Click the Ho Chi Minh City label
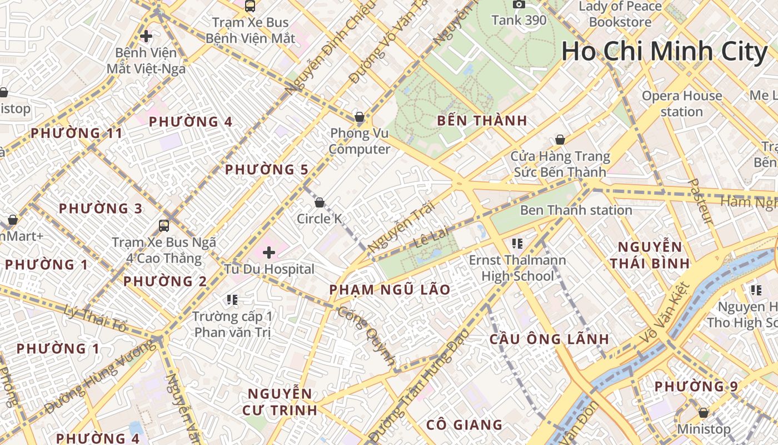[x=664, y=52]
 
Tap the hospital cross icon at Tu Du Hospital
[x=269, y=253]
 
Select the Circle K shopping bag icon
[x=320, y=202]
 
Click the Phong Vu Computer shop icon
[x=360, y=117]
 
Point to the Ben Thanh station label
[x=576, y=210]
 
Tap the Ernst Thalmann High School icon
[x=517, y=244]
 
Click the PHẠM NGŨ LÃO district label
[x=390, y=290]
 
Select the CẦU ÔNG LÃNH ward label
[x=549, y=339]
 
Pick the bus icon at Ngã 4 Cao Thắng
[x=164, y=225]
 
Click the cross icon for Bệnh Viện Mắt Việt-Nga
[x=146, y=37]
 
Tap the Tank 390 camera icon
[x=519, y=4]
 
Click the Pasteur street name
[x=700, y=201]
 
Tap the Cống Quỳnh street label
[x=367, y=334]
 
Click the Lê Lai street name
[x=431, y=237]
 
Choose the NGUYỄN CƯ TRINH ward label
[x=280, y=402]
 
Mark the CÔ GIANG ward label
[x=464, y=425]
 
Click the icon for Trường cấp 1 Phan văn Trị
[x=232, y=300]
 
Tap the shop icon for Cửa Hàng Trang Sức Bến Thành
[x=560, y=140]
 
